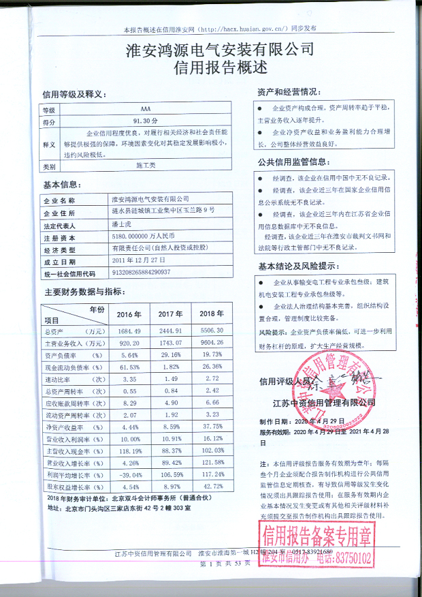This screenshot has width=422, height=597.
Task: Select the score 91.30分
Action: [146, 122]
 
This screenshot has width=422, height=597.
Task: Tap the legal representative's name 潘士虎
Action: [123, 224]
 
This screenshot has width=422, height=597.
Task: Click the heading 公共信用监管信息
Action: [293, 162]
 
